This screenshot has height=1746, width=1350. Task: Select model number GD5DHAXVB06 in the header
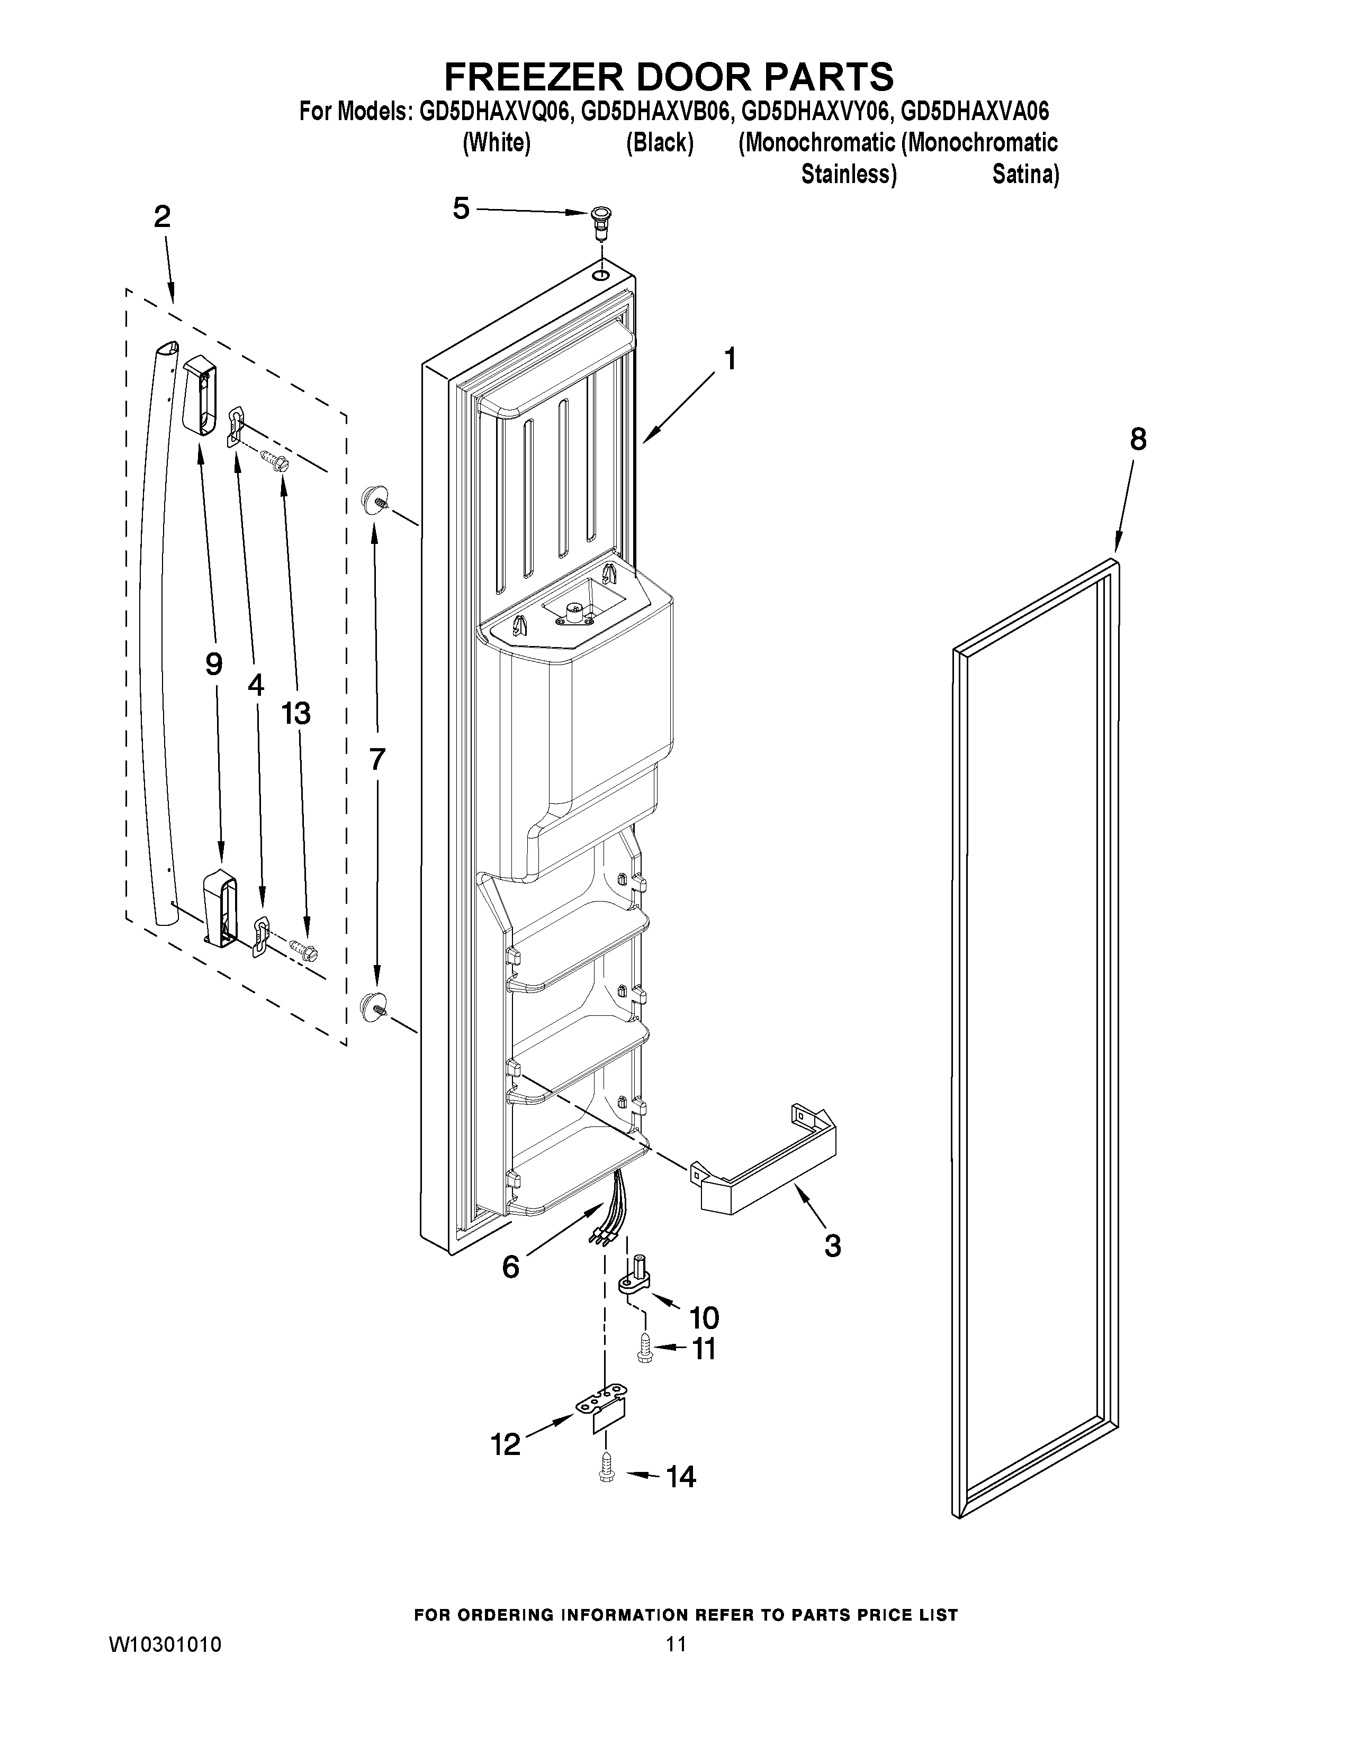(656, 111)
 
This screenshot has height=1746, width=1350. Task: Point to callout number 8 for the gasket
(1137, 439)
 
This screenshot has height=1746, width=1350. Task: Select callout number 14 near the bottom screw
(681, 1477)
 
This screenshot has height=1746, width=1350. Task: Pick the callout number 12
(506, 1444)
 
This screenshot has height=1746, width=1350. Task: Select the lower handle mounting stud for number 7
(373, 1006)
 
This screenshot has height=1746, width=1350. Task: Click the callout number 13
(295, 713)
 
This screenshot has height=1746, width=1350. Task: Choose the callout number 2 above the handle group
(163, 216)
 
